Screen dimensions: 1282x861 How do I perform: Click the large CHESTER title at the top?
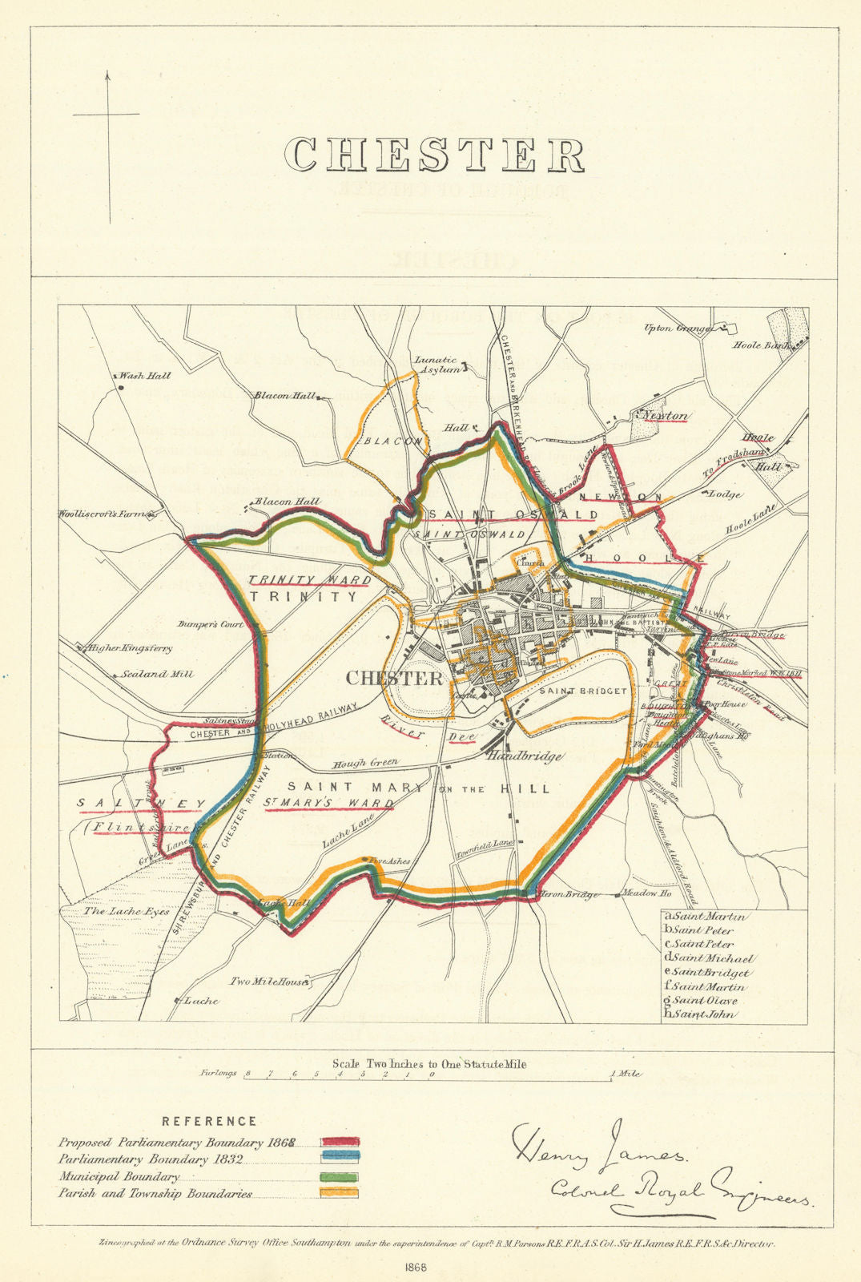pyautogui.click(x=437, y=155)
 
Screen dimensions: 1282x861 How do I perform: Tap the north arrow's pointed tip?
pyautogui.click(x=107, y=73)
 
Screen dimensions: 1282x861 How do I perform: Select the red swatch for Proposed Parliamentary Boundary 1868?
pyautogui.click(x=341, y=1142)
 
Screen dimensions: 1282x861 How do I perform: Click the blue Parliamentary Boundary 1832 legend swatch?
pyautogui.click(x=341, y=1159)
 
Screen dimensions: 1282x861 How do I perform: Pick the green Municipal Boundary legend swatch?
pyautogui.click(x=341, y=1177)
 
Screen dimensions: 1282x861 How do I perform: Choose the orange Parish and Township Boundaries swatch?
pyautogui.click(x=341, y=1194)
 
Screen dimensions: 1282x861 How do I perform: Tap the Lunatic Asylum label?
pyautogui.click(x=437, y=365)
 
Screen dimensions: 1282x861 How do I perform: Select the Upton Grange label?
pyautogui.click(x=678, y=329)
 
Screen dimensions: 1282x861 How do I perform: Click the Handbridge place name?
pyautogui.click(x=525, y=756)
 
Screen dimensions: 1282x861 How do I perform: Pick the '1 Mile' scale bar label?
pyautogui.click(x=626, y=1073)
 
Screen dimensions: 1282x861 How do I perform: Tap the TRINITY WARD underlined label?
pyautogui.click(x=309, y=580)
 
